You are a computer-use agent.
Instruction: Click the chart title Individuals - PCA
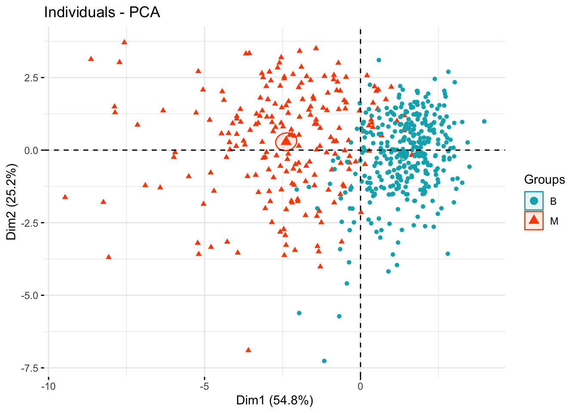[x=102, y=12]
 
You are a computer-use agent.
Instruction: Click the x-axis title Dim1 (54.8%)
[x=274, y=401]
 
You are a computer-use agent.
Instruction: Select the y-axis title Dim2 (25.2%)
[x=12, y=201]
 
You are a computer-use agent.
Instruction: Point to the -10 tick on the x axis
[x=48, y=386]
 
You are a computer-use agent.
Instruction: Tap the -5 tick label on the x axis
[x=204, y=386]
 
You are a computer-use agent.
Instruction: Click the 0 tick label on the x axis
[x=360, y=386]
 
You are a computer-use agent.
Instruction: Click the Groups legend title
[x=544, y=180]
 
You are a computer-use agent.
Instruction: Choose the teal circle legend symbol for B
[x=534, y=201]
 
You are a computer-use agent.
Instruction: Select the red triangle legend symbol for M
[x=534, y=220]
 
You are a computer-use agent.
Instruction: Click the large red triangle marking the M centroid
[x=286, y=141]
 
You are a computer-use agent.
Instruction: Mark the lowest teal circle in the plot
[x=324, y=361]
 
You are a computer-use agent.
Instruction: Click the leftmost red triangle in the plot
[x=65, y=197]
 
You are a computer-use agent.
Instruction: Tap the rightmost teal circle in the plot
[x=484, y=121]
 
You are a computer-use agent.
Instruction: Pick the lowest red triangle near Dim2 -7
[x=248, y=350]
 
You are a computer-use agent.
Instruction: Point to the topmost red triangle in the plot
[x=124, y=42]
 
